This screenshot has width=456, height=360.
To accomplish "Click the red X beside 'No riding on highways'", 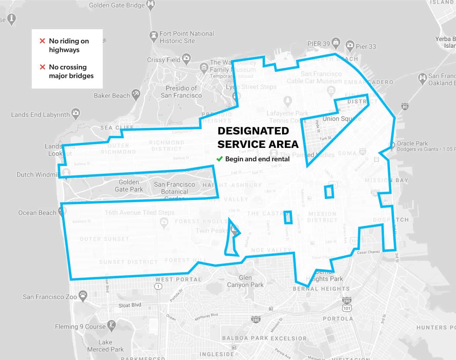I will tap(42, 41).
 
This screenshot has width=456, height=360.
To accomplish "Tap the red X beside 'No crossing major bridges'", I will tap(42, 67).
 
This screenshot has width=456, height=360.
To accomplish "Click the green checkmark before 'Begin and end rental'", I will tap(220, 159).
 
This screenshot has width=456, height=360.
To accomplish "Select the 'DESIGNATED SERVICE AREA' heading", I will tap(258, 137).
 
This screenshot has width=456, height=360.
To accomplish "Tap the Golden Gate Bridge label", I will tap(117, 5).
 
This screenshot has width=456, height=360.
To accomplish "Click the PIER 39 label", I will tap(318, 44).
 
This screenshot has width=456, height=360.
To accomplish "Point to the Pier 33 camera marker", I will tap(350, 45).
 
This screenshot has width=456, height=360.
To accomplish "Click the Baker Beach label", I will tap(112, 96).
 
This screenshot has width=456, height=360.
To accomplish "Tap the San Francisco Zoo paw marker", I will tap(83, 295).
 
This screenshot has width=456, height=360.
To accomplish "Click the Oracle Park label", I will tap(412, 144).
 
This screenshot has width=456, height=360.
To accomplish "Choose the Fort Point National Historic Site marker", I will tap(153, 35).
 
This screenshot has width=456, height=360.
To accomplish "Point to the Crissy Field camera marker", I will tap(186, 58).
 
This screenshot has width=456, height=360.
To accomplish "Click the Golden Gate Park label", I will tap(129, 186).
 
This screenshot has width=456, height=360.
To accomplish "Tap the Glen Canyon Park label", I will tap(245, 281).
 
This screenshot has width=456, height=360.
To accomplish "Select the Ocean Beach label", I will tap(37, 213).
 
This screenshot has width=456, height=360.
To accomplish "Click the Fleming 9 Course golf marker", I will tap(111, 325).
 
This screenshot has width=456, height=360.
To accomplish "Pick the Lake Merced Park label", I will tap(105, 346).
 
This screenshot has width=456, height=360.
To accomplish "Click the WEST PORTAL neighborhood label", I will tap(178, 279).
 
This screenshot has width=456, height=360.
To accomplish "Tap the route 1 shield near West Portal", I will tap(158, 286).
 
